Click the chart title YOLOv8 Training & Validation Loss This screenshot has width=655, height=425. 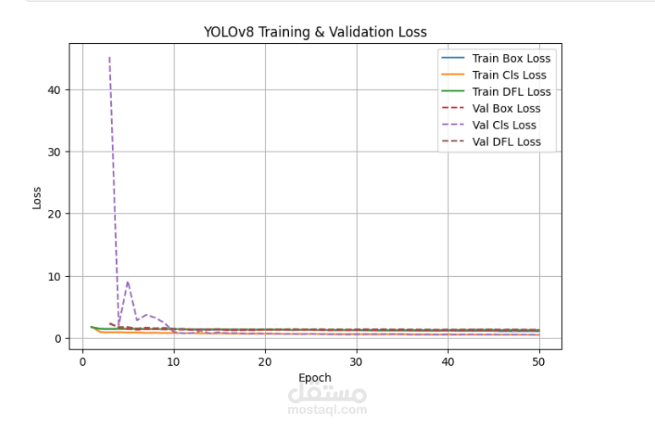(x=315, y=32)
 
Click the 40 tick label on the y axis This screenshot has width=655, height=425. (x=53, y=90)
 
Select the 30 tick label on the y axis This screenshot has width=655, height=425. (x=53, y=152)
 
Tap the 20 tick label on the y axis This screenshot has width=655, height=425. (x=53, y=214)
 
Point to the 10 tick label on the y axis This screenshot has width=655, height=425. (x=53, y=276)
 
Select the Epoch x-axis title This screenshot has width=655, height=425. (x=315, y=378)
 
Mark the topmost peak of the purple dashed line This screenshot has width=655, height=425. (x=109, y=57)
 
